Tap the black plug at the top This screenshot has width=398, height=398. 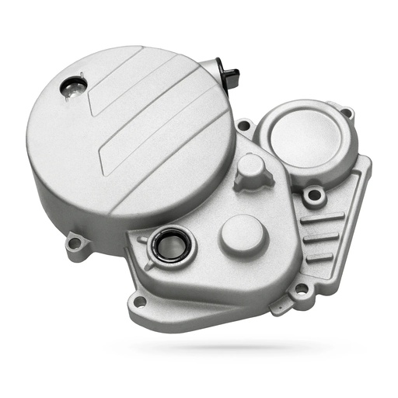231,75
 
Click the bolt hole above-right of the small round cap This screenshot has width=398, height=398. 347,113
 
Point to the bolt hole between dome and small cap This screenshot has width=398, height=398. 244,125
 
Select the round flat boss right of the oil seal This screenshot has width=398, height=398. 243,235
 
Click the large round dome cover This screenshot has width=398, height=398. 128,140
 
